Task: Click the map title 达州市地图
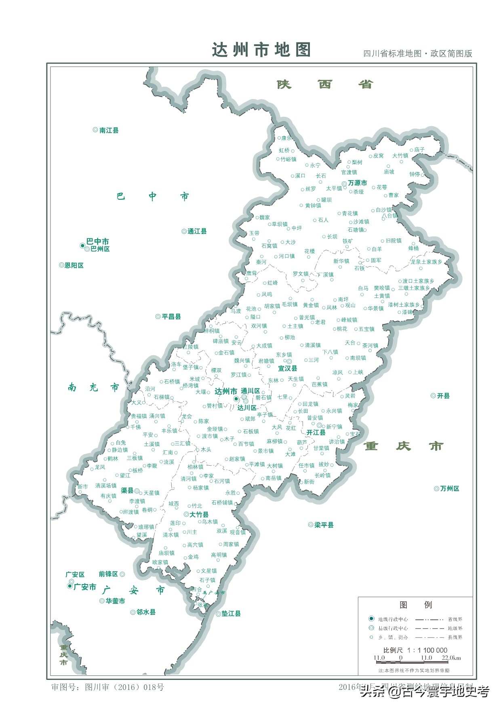click(261, 50)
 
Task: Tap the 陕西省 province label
click(325, 84)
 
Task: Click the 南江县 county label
click(109, 131)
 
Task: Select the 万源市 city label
click(357, 183)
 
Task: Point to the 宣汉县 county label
click(288, 368)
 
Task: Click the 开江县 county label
click(316, 433)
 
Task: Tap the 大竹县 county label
click(199, 515)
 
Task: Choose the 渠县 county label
click(127, 490)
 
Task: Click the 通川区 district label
click(250, 391)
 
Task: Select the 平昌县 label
click(171, 317)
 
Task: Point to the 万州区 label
click(449, 489)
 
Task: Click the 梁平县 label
click(324, 525)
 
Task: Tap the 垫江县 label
click(231, 614)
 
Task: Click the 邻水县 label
click(145, 612)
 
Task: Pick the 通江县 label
click(197, 232)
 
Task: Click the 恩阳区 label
click(74, 266)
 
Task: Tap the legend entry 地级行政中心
click(393, 619)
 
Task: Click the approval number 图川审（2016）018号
click(124, 687)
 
